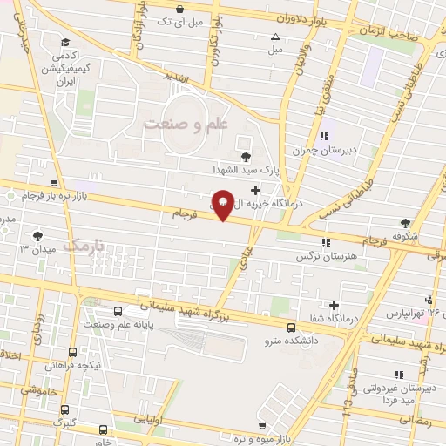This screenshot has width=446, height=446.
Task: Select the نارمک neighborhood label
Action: pos(84,246)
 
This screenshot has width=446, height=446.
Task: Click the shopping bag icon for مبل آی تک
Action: pos(179,9)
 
